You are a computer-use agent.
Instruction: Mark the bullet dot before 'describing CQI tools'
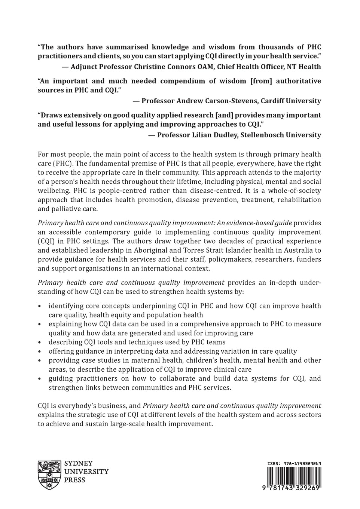tap(40, 342)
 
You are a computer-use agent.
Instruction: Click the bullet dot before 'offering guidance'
tap(40, 351)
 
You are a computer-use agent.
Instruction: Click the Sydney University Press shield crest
tap(49, 475)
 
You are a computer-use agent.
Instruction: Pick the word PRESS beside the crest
tap(75, 480)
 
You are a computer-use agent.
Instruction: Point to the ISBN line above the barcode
tap(294, 463)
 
